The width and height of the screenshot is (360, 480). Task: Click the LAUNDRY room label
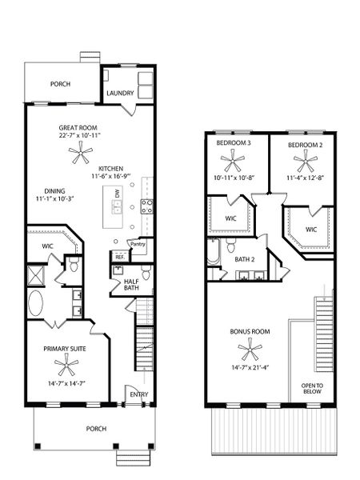(120, 93)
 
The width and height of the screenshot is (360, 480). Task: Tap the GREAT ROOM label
(78, 128)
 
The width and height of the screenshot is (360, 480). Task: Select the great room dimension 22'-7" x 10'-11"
(78, 137)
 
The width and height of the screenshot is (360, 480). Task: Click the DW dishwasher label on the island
(117, 194)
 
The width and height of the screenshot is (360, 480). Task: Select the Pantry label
(137, 243)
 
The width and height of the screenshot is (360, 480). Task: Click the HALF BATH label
(132, 285)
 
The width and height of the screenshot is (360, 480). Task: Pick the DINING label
(54, 190)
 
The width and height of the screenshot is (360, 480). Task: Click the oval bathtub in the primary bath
(38, 305)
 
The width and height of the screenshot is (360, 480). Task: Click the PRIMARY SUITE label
(65, 349)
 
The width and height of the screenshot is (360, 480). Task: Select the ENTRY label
(139, 394)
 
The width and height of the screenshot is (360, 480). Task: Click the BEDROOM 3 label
(234, 143)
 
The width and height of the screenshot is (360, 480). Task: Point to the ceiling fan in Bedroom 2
(305, 163)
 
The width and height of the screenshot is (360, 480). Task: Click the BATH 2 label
(244, 259)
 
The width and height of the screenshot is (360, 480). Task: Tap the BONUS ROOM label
(249, 330)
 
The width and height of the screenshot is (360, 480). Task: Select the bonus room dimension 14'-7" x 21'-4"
(249, 368)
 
